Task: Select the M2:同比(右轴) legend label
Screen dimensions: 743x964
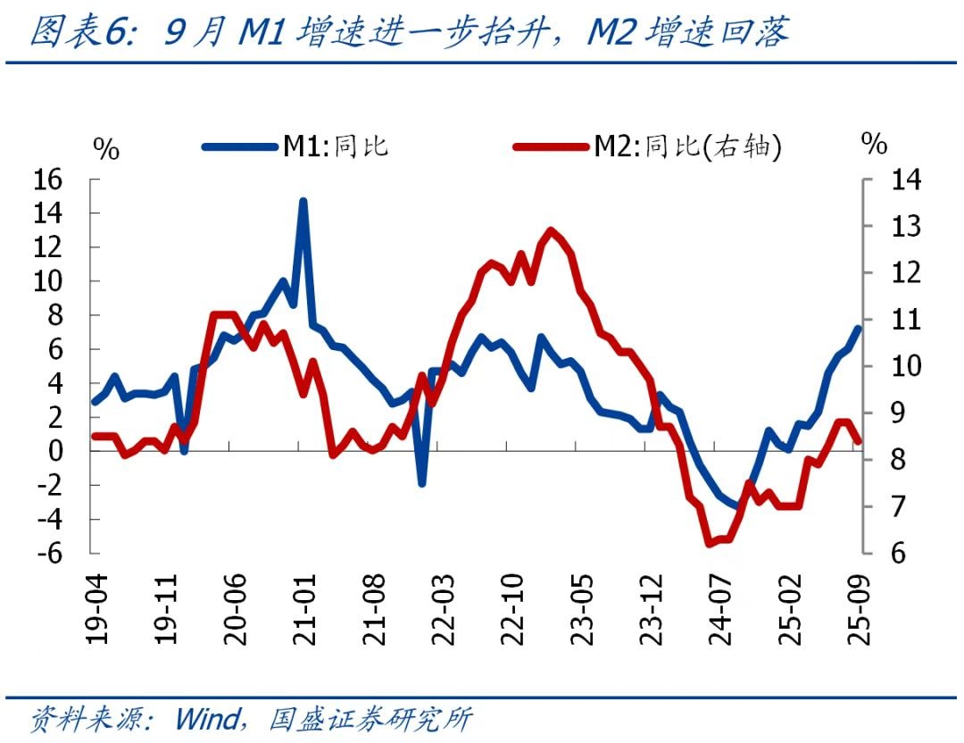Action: click(x=687, y=146)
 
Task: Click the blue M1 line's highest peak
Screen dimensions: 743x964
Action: click(x=303, y=201)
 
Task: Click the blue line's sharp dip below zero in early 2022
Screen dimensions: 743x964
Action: click(x=421, y=483)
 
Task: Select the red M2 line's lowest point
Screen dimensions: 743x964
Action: click(x=709, y=543)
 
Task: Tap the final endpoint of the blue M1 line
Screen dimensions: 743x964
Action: click(x=859, y=329)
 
